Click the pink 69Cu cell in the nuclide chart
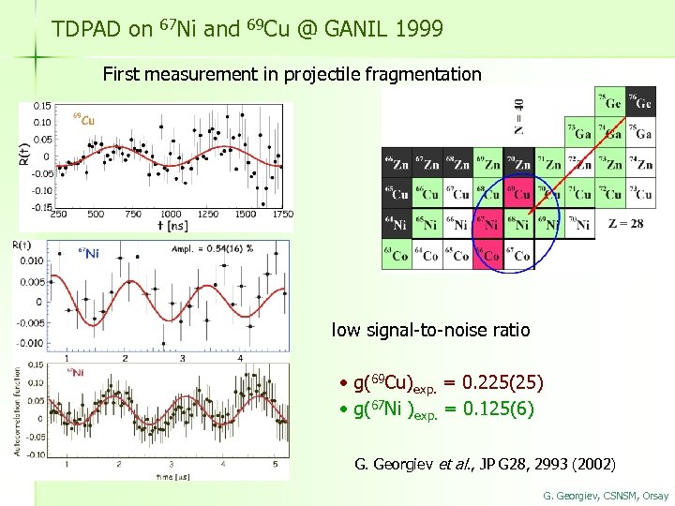[519, 193]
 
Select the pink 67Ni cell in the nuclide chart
[488, 224]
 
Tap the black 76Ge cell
[642, 101]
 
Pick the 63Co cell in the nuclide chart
[396, 255]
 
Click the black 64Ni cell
[396, 224]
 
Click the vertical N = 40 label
[518, 115]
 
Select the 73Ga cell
[580, 132]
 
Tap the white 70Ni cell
[580, 224]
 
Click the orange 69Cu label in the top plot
[83, 120]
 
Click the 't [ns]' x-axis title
[172, 226]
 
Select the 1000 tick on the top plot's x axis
[171, 214]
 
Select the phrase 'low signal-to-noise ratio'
[430, 330]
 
